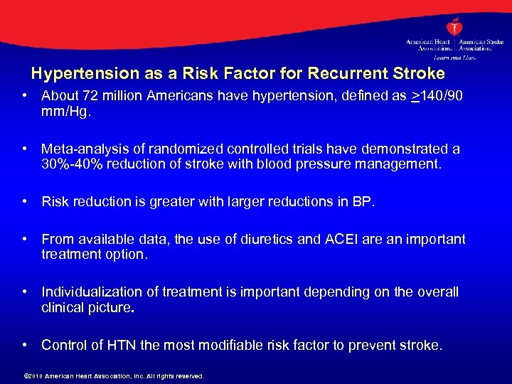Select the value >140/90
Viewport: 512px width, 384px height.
(437, 96)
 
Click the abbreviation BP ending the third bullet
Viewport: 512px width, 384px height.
(361, 202)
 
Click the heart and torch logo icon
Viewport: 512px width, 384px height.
(455, 26)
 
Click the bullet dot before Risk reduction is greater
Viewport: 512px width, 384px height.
(25, 202)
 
